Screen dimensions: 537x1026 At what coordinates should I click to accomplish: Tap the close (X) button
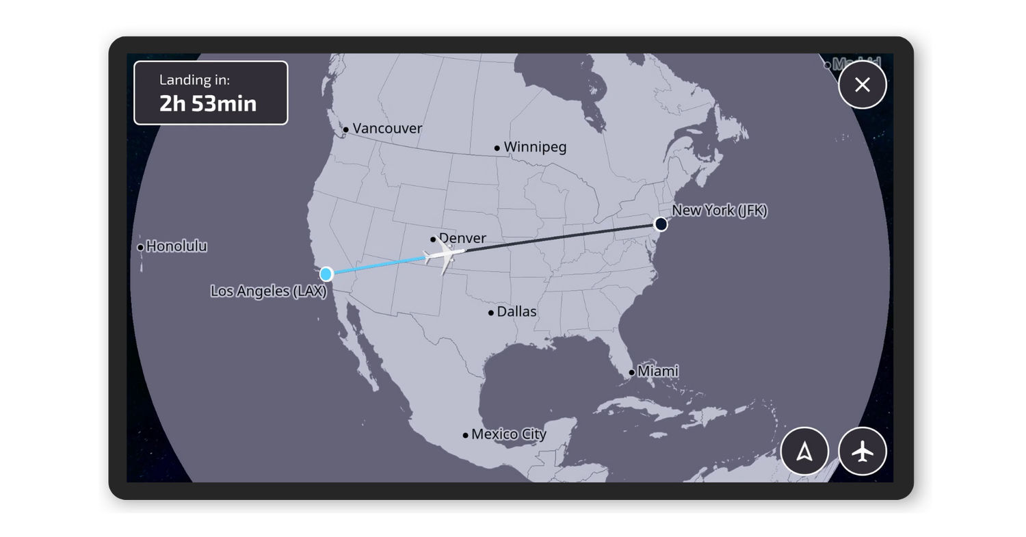(x=862, y=85)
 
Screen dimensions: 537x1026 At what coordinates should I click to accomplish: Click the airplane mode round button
(x=862, y=451)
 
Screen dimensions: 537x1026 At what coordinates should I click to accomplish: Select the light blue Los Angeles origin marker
(x=326, y=274)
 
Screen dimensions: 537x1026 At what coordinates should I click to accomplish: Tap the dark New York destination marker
(x=661, y=224)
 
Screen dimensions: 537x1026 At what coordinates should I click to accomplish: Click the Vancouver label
(x=387, y=129)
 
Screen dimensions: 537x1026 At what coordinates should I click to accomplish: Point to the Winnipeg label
(x=535, y=147)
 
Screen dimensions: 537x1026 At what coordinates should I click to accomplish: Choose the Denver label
(x=463, y=238)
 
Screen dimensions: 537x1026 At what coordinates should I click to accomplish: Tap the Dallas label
(x=516, y=312)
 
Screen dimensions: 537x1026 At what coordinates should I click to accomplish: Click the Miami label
(x=658, y=371)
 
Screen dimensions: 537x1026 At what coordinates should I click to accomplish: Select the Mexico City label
(x=509, y=434)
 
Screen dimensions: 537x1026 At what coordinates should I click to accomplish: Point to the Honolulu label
(x=176, y=246)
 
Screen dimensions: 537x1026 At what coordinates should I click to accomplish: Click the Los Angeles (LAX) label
(x=268, y=291)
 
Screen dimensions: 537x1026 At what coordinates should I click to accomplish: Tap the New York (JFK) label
(x=719, y=211)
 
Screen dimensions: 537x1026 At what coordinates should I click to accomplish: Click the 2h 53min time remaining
(x=208, y=103)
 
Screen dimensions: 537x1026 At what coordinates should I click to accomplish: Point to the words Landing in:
(x=194, y=80)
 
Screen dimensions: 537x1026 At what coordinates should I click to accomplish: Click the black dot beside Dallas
(x=491, y=313)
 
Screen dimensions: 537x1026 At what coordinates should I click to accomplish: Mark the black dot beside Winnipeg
(x=497, y=148)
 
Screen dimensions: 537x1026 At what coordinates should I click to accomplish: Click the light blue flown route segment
(x=376, y=265)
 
